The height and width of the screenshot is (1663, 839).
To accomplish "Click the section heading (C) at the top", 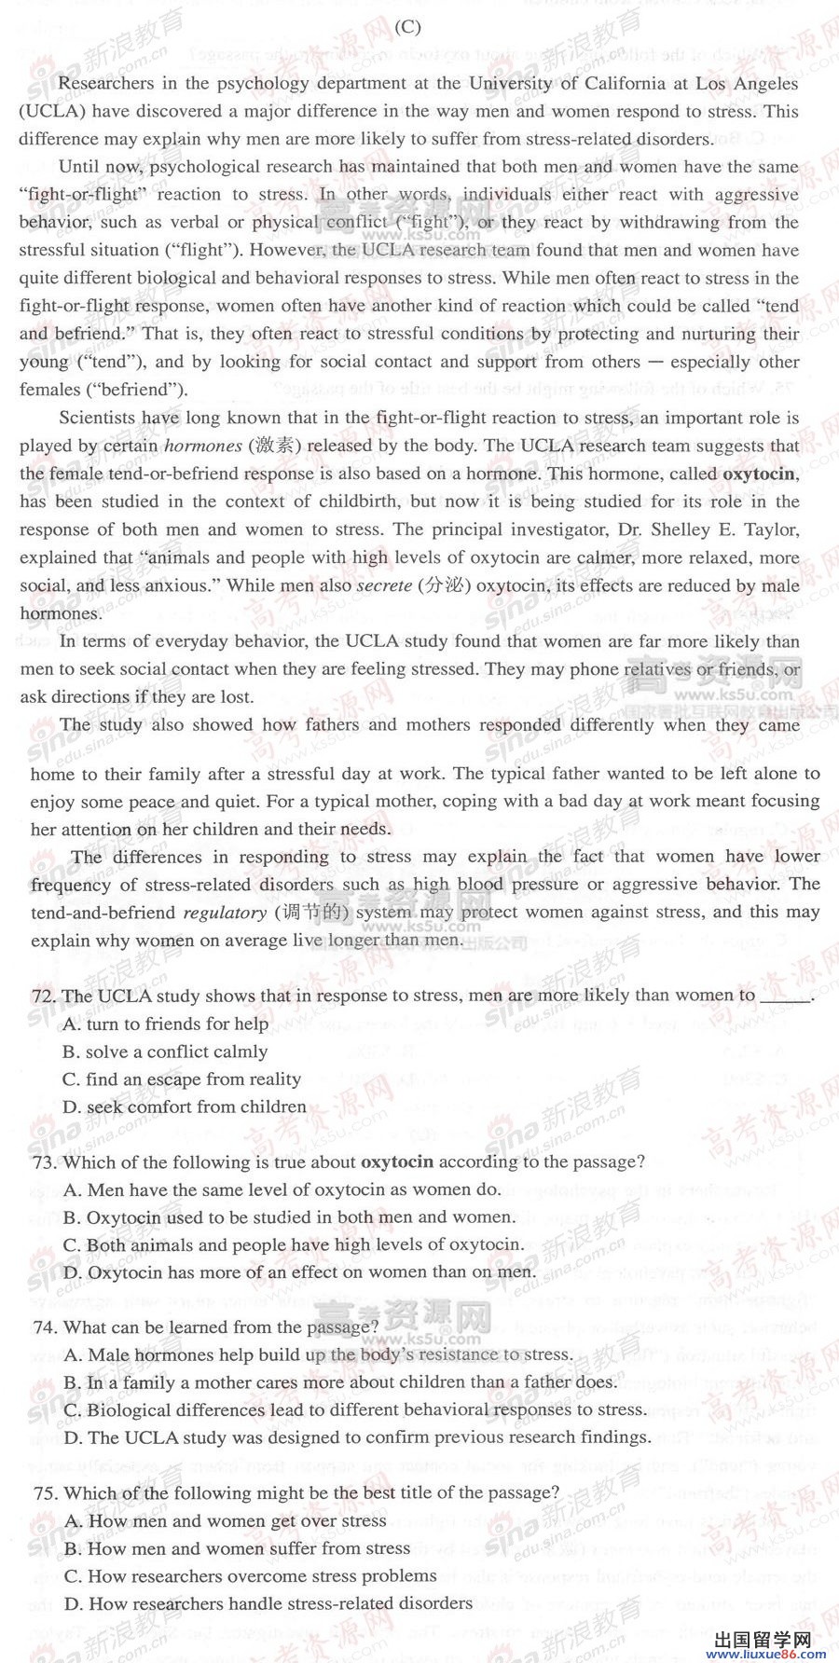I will [407, 27].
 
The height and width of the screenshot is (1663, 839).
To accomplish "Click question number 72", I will [44, 996].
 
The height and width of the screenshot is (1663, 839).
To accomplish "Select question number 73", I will [44, 1161].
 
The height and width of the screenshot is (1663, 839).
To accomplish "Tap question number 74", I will [44, 1327].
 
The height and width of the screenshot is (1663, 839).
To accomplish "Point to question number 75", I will [44, 1492].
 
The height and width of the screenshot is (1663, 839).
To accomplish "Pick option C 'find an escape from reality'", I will [182, 1079].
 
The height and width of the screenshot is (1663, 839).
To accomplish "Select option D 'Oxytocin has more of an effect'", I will [299, 1272].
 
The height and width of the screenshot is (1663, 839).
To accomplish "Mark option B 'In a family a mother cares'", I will [340, 1382].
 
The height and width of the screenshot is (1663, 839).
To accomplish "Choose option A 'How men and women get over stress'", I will [226, 1521].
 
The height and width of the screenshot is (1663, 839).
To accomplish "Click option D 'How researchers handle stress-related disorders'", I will [268, 1604].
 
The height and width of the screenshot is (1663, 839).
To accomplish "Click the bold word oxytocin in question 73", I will [397, 1161].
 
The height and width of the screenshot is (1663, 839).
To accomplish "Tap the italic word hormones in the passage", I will [203, 446].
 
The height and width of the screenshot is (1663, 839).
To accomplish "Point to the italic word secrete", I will [384, 585].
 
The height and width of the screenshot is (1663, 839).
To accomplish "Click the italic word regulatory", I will [225, 913].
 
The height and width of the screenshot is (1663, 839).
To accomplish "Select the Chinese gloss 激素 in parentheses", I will [274, 446].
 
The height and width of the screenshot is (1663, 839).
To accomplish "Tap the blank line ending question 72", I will [786, 996].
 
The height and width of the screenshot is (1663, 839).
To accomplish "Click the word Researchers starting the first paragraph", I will [104, 83].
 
